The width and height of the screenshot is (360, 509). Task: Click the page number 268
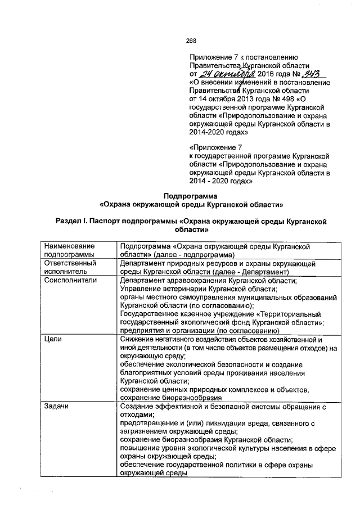click(191, 40)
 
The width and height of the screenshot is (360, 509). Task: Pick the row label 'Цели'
click(52, 340)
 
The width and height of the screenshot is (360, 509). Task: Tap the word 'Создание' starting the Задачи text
click(138, 407)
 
